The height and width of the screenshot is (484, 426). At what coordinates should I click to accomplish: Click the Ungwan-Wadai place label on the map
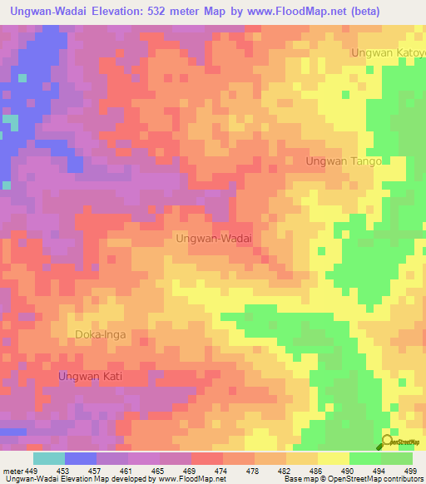coord(214,238)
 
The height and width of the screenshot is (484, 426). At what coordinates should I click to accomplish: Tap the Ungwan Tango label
coord(343,161)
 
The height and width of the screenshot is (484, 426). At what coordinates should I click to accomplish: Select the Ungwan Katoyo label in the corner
coord(387,52)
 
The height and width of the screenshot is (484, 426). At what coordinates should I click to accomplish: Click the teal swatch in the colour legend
coord(48,458)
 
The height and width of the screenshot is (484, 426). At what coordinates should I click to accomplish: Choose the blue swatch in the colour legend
coord(80,458)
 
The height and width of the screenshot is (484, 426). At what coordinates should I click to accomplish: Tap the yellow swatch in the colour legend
coord(333,458)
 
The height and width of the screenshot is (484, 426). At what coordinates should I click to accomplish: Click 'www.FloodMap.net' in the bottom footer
coord(191,479)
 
